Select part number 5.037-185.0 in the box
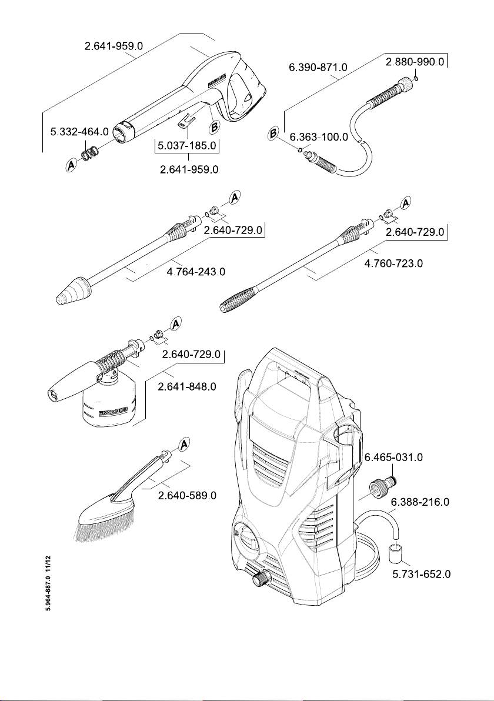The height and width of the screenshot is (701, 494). pyautogui.click(x=188, y=145)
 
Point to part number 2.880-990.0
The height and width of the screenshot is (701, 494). pyautogui.click(x=415, y=62)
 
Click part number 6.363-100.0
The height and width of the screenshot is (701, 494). pyautogui.click(x=319, y=136)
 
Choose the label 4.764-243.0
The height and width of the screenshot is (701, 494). pyautogui.click(x=195, y=272)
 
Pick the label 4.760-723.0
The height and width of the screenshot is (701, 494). pyautogui.click(x=393, y=263)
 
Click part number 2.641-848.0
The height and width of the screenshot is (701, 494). pyautogui.click(x=188, y=387)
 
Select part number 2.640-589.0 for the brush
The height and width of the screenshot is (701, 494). pyautogui.click(x=188, y=496)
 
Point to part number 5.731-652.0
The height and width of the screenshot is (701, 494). pyautogui.click(x=420, y=573)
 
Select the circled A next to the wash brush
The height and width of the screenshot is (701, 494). pyautogui.click(x=183, y=445)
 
